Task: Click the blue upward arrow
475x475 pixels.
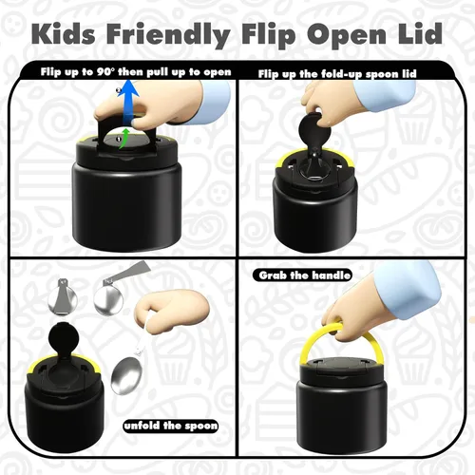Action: pyautogui.click(x=127, y=102)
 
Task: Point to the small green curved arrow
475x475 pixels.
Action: pyautogui.click(x=124, y=138)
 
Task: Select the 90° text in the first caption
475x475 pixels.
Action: pyautogui.click(x=105, y=72)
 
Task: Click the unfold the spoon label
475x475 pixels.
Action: pyautogui.click(x=171, y=426)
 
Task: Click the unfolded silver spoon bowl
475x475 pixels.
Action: pyautogui.click(x=126, y=375)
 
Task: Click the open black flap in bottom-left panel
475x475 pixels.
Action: pyautogui.click(x=64, y=338)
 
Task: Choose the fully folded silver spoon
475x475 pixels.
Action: pyautogui.click(x=63, y=296)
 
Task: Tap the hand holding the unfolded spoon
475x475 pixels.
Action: pyautogui.click(x=172, y=313)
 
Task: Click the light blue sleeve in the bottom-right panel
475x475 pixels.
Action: pyautogui.click(x=408, y=289)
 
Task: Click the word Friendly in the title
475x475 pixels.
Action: pyautogui.click(x=168, y=35)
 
